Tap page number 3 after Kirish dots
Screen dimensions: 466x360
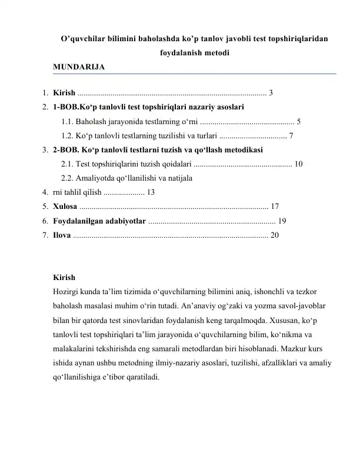pos(271,92)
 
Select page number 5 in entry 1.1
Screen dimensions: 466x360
pos(299,122)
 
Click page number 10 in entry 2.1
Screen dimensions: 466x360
pos(299,163)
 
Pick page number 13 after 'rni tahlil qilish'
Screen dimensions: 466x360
pos(151,191)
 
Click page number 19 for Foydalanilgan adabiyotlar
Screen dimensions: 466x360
pos(282,221)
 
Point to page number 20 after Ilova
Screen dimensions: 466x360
pos(274,235)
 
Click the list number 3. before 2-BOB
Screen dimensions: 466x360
pos(45,149)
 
